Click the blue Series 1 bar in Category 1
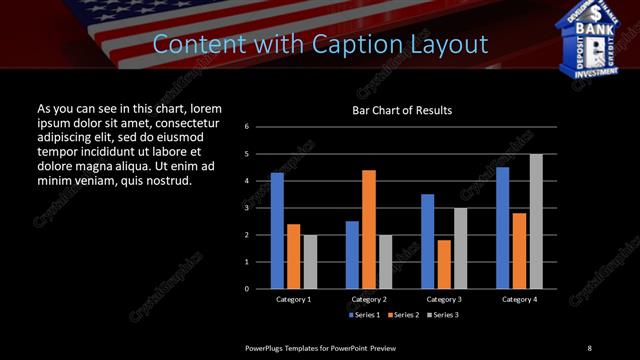click(x=277, y=231)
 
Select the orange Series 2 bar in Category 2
click(x=369, y=229)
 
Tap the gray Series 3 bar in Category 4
click(x=536, y=221)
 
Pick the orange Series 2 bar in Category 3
click(x=444, y=264)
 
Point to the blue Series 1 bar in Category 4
click(x=502, y=228)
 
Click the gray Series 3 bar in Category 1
click(x=310, y=262)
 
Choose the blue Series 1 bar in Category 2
click(x=352, y=255)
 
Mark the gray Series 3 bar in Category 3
click(x=460, y=248)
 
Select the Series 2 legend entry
click(x=402, y=315)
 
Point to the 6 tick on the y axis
click(x=260, y=127)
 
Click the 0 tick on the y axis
click(x=260, y=289)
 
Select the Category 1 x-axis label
click(x=294, y=299)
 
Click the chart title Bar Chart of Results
click(x=403, y=110)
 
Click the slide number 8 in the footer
click(x=589, y=347)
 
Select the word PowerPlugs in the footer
click(x=269, y=347)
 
